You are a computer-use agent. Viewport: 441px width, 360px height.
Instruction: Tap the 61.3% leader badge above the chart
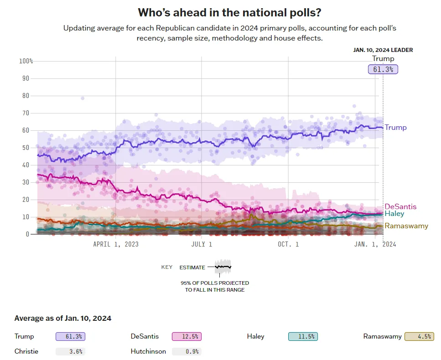point(383,69)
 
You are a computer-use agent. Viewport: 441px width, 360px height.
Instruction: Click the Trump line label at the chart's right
point(395,128)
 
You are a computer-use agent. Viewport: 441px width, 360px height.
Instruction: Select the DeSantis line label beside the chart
point(400,206)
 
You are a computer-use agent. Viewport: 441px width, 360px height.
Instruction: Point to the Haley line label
point(394,213)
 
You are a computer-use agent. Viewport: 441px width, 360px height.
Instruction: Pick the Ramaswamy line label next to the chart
point(407,226)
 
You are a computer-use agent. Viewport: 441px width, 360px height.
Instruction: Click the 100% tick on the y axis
point(26,61)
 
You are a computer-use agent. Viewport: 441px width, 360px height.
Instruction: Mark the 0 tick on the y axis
point(27,234)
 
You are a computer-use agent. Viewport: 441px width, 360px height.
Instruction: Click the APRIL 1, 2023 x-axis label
point(116,244)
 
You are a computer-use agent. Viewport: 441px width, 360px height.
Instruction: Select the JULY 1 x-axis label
point(201,244)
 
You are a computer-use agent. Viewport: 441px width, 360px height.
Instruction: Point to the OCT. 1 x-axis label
point(288,244)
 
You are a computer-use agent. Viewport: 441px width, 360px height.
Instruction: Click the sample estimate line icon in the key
point(223,267)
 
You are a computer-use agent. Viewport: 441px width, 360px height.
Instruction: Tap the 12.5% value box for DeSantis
point(187,337)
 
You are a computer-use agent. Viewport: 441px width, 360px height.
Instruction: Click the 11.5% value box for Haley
point(303,337)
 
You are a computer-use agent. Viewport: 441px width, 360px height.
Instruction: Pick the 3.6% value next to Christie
point(70,352)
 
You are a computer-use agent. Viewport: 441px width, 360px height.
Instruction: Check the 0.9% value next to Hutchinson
point(187,352)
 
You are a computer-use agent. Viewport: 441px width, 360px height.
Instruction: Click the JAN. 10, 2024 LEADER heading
point(383,50)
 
